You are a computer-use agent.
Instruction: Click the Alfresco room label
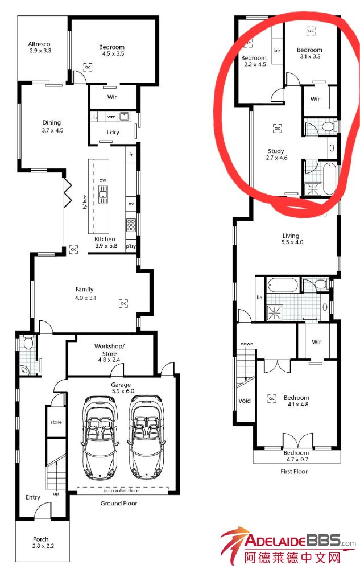[x=39, y=44]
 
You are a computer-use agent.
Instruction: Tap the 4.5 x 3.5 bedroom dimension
[x=113, y=53]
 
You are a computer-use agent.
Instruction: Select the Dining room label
[x=52, y=123]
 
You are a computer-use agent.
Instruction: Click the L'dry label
[x=113, y=132]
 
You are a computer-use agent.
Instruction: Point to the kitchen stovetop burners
[x=131, y=225]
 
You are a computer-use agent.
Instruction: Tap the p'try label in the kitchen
[x=131, y=246]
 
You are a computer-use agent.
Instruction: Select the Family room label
[x=85, y=289]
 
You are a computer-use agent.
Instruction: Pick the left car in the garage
[x=100, y=438]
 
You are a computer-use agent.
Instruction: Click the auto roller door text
[x=121, y=490]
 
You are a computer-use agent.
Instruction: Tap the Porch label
[x=40, y=539]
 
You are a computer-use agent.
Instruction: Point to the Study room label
[x=276, y=151]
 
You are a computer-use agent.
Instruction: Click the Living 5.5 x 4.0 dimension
[x=292, y=242]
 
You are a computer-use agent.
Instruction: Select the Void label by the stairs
[x=245, y=401]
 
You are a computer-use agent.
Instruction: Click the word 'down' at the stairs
[x=247, y=343]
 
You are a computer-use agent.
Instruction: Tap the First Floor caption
[x=294, y=471]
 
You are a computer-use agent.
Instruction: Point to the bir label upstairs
[x=277, y=51]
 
